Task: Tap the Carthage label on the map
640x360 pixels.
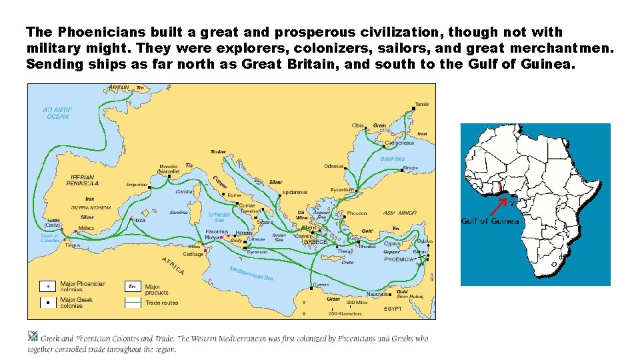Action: pos(193,254)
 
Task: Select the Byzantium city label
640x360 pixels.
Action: pos(342,189)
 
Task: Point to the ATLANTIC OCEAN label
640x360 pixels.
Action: pos(57,113)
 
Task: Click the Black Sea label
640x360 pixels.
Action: pos(392,159)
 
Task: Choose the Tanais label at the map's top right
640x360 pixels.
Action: pos(422,104)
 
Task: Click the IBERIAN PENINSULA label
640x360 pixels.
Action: pos(83,180)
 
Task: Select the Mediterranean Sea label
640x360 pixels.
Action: pos(252,273)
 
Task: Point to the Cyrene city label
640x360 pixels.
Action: pos(321,285)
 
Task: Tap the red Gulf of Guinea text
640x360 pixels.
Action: pos(490,221)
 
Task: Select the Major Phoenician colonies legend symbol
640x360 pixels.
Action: pos(47,286)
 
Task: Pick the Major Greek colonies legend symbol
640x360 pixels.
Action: pos(47,302)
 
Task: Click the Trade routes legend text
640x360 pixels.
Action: pos(161,303)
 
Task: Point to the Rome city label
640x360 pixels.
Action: pos(234,195)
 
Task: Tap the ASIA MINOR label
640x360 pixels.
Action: pos(399,213)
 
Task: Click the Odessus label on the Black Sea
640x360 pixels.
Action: pos(334,166)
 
